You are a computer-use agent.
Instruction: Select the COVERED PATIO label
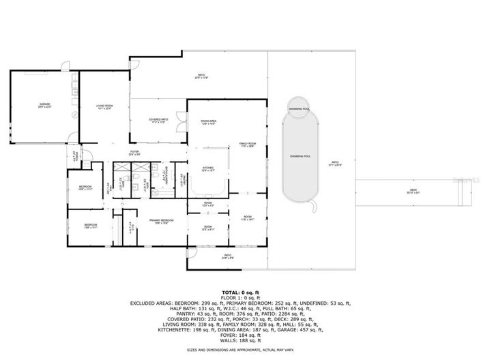(158, 121)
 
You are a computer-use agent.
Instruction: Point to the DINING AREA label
(209, 121)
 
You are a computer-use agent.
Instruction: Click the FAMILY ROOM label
(247, 145)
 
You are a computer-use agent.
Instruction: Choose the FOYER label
(135, 153)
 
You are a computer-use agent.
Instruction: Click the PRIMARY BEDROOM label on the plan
(162, 222)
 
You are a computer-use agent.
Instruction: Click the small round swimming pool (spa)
(299, 109)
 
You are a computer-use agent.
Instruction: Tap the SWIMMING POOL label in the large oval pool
(300, 157)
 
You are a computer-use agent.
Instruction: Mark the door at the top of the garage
(64, 66)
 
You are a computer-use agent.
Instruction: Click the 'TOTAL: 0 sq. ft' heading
(239, 291)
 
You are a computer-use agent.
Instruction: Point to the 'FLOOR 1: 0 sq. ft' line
(239, 297)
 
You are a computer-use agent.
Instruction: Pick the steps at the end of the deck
(465, 196)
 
